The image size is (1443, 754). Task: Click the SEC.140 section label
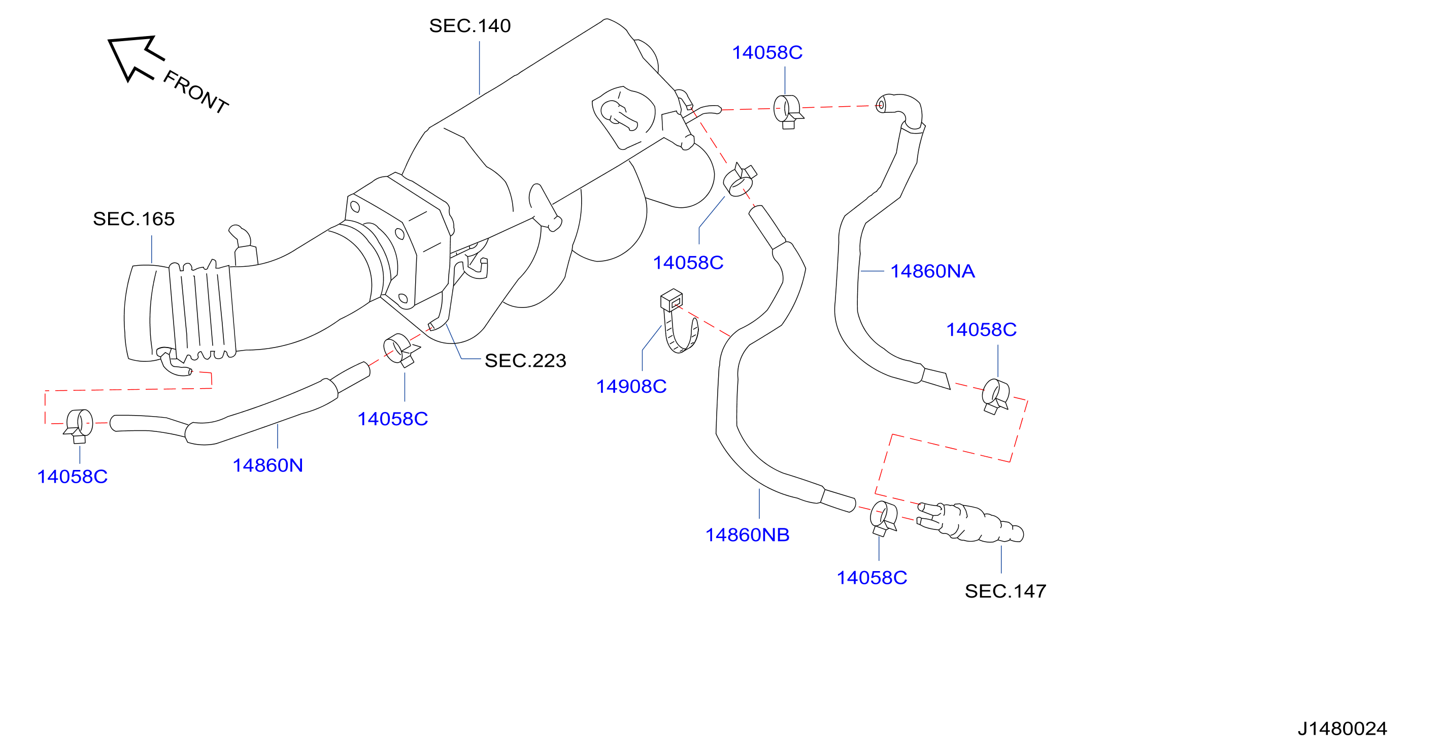(x=469, y=26)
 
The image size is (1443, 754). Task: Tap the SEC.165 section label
(x=134, y=218)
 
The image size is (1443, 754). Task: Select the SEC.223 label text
(x=525, y=360)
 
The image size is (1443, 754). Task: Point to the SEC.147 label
(x=1005, y=591)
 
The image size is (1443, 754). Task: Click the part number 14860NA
(x=933, y=271)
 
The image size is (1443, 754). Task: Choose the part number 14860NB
(x=747, y=535)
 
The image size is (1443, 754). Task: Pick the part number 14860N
(x=268, y=465)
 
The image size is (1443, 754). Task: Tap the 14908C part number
(x=631, y=386)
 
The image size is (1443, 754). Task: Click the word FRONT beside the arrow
(x=195, y=92)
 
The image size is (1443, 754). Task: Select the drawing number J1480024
(x=1342, y=728)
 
